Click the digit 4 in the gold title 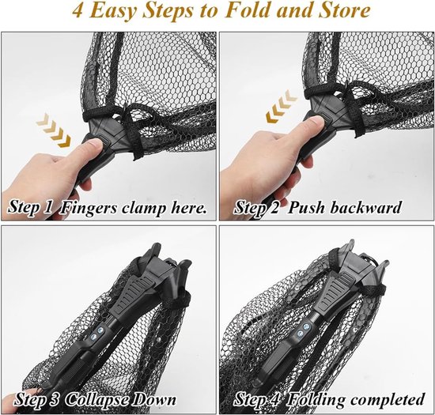(78, 12)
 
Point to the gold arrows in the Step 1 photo (53, 130)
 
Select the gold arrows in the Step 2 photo (282, 106)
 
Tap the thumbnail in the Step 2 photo (316, 122)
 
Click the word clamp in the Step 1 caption (143, 208)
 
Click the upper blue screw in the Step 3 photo (100, 330)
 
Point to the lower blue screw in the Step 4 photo (301, 334)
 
